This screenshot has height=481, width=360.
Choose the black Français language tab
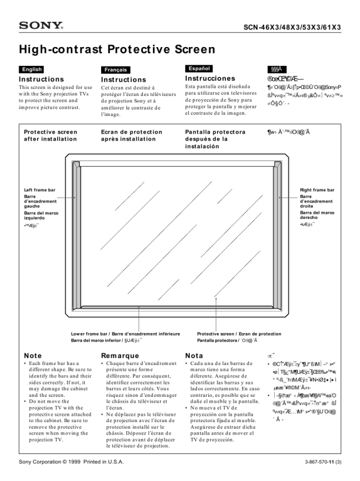115,69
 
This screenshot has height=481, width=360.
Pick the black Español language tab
198,69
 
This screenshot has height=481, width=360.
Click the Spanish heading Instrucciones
210,78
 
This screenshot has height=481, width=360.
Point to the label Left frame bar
39,190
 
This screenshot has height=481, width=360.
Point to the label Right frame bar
317,190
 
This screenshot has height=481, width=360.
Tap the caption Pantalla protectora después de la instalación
215,139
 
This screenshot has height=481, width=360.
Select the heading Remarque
120,356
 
